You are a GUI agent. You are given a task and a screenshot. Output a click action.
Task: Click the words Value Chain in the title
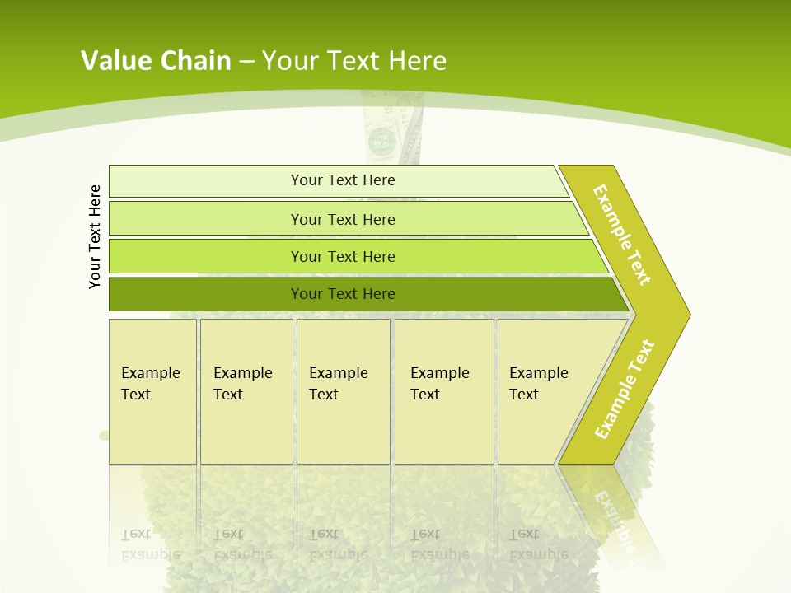point(156,61)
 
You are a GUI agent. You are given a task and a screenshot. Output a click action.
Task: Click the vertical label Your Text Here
point(95,236)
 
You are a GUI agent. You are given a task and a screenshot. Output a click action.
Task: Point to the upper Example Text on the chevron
point(622,235)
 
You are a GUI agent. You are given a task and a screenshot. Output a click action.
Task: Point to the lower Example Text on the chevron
point(625,390)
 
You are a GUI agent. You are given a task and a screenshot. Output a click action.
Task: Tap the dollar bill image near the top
point(381,136)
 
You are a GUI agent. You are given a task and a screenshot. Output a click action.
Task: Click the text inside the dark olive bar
point(343,294)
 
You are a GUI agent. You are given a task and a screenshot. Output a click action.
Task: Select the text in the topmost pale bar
point(343,180)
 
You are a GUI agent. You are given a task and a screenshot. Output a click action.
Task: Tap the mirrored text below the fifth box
point(538,544)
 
